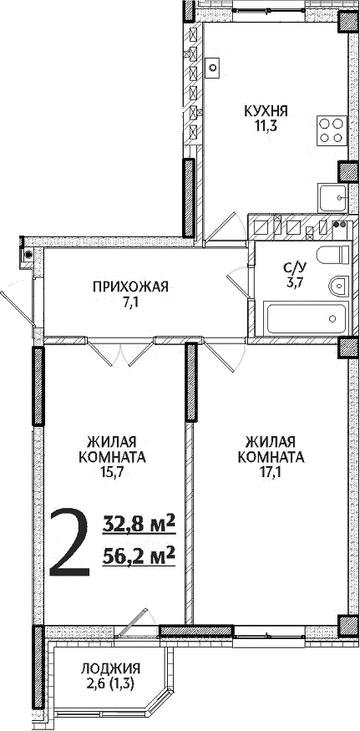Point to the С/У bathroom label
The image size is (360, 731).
pyautogui.click(x=295, y=267)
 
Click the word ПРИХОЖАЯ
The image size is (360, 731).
pyautogui.click(x=130, y=287)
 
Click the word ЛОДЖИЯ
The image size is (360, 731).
pyautogui.click(x=110, y=668)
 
